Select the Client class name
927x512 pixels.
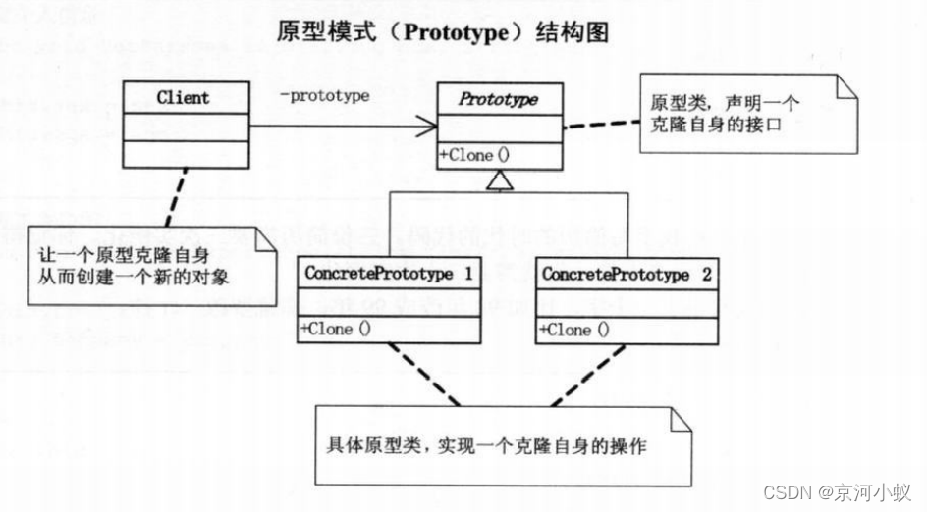(x=183, y=98)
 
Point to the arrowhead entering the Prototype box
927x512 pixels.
(x=428, y=126)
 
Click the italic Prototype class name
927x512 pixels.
(x=499, y=99)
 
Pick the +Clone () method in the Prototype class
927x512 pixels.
(x=475, y=155)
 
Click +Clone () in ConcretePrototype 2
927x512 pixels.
(x=574, y=330)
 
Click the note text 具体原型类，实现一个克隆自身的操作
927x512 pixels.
(x=487, y=446)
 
